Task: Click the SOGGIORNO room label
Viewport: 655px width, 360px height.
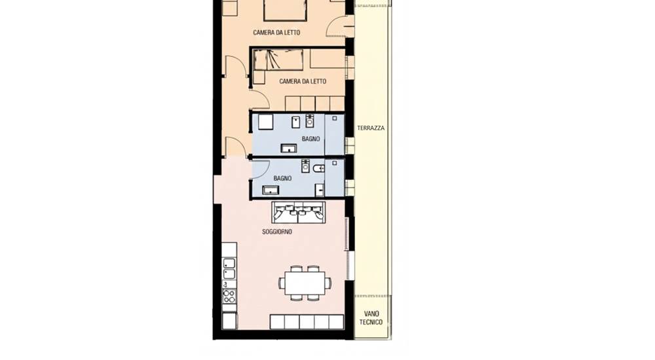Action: [277, 231]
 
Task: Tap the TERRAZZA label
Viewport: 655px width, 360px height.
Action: [371, 128]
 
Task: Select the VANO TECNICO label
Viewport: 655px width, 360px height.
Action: [371, 318]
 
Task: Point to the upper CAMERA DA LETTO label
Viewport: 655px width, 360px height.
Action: [276, 33]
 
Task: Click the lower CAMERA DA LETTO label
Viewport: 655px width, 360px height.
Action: [303, 81]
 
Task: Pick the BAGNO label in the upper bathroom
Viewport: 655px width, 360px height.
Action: [310, 139]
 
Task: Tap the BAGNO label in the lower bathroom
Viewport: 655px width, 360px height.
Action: [282, 178]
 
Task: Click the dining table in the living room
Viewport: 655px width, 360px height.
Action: [305, 283]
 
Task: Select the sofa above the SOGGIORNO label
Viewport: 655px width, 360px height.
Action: [298, 213]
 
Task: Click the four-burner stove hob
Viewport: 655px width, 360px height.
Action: [229, 296]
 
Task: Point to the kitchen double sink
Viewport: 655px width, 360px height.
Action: [229, 268]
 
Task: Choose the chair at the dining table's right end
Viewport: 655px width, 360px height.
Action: [328, 283]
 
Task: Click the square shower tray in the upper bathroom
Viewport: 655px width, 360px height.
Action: [265, 122]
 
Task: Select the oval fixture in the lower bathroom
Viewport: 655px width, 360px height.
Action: [319, 168]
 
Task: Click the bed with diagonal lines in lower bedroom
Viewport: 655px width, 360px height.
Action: [278, 60]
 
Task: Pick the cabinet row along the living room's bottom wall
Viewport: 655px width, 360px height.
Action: [307, 322]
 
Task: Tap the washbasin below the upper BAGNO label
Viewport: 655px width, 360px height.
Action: [289, 149]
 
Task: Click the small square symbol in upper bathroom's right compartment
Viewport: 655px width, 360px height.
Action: [335, 118]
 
